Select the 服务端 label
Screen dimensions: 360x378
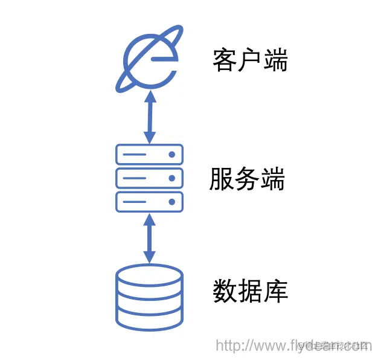(x=247, y=179)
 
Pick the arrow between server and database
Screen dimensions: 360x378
(x=149, y=239)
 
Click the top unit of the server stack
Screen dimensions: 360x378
(x=149, y=155)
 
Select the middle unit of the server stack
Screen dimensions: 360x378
(x=149, y=178)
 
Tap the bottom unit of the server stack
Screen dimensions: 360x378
(x=149, y=201)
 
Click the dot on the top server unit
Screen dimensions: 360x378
(x=172, y=155)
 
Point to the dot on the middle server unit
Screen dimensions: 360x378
(x=172, y=178)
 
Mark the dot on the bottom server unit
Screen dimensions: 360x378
(x=172, y=201)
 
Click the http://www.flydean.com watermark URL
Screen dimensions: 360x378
(x=293, y=346)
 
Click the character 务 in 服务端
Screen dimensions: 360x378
(x=247, y=179)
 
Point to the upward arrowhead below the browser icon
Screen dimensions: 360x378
(x=149, y=95)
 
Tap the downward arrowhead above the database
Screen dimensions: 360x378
(x=149, y=259)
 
